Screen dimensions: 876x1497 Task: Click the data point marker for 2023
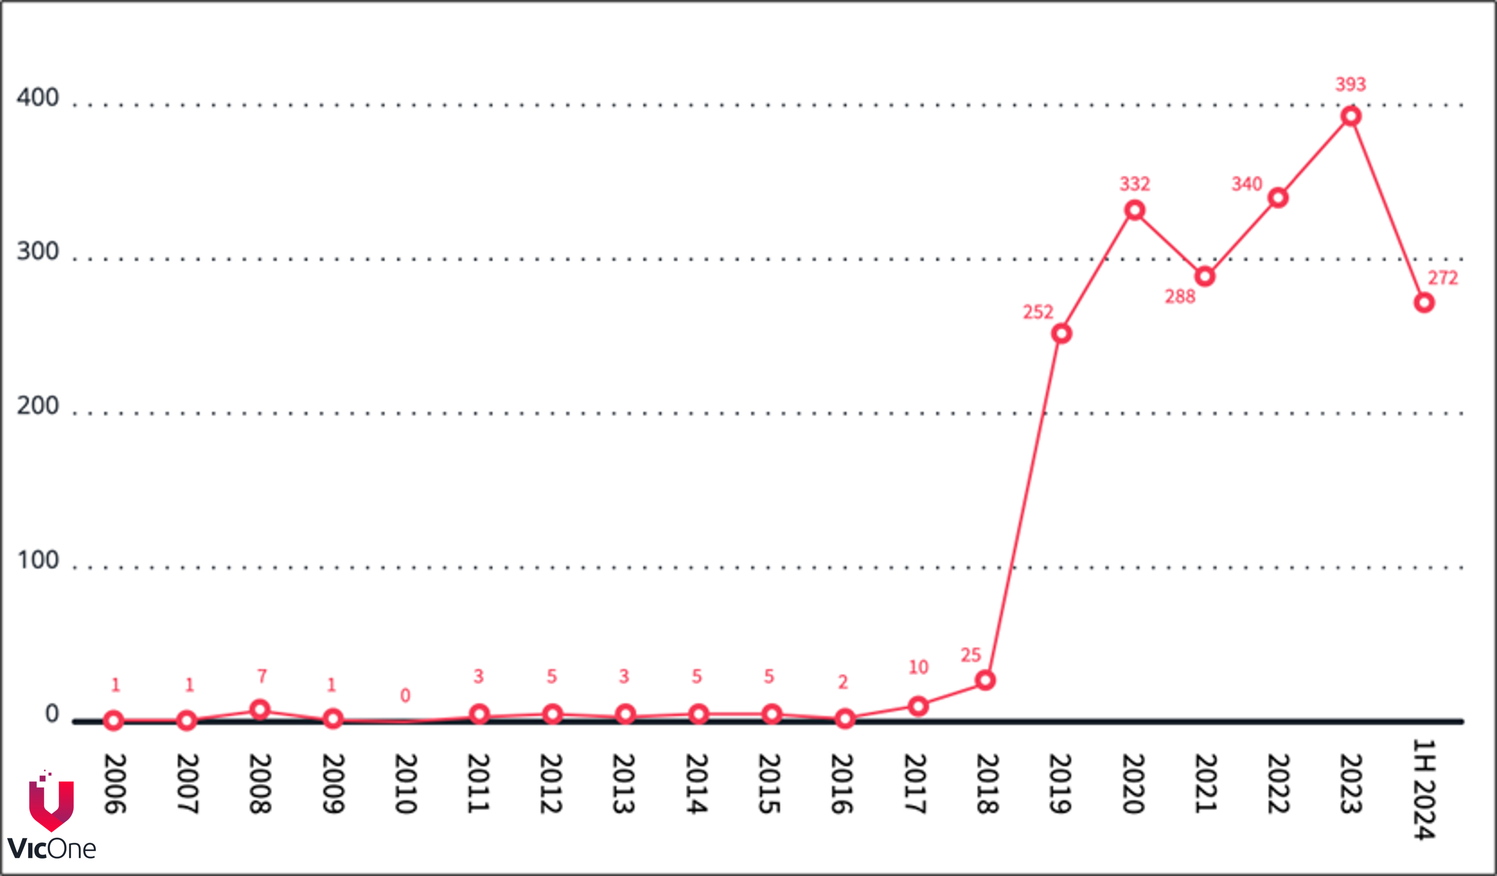pyautogui.click(x=1351, y=116)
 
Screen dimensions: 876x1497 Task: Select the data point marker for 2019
pyautogui.click(x=1061, y=334)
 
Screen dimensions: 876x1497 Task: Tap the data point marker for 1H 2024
pyautogui.click(x=1424, y=303)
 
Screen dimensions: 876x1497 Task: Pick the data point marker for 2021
pyautogui.click(x=1205, y=276)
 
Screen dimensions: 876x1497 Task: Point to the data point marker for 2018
pyautogui.click(x=985, y=680)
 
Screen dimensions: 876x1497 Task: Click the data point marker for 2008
pyautogui.click(x=260, y=710)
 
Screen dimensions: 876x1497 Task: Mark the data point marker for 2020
pyautogui.click(x=1135, y=210)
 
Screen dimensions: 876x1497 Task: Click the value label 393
pyautogui.click(x=1351, y=84)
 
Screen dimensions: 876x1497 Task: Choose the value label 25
pyautogui.click(x=971, y=656)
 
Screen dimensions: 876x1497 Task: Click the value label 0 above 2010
pyautogui.click(x=405, y=695)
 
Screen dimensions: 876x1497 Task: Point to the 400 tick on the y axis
pyautogui.click(x=38, y=97)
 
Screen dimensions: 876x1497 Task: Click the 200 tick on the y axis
pyautogui.click(x=38, y=406)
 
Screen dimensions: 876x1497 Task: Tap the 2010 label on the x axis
pyautogui.click(x=406, y=784)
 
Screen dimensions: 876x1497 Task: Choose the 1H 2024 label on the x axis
pyautogui.click(x=1424, y=789)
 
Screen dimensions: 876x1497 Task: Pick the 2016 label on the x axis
pyautogui.click(x=842, y=784)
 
